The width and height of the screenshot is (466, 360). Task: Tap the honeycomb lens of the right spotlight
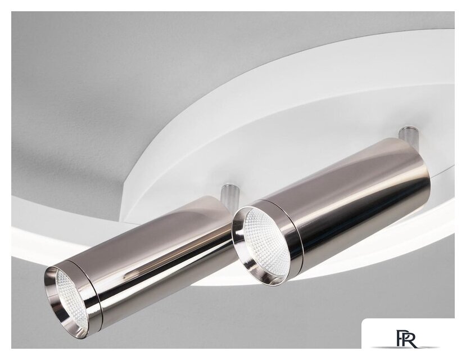pos(266,241)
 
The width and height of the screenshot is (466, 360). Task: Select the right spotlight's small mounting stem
pos(408,134)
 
